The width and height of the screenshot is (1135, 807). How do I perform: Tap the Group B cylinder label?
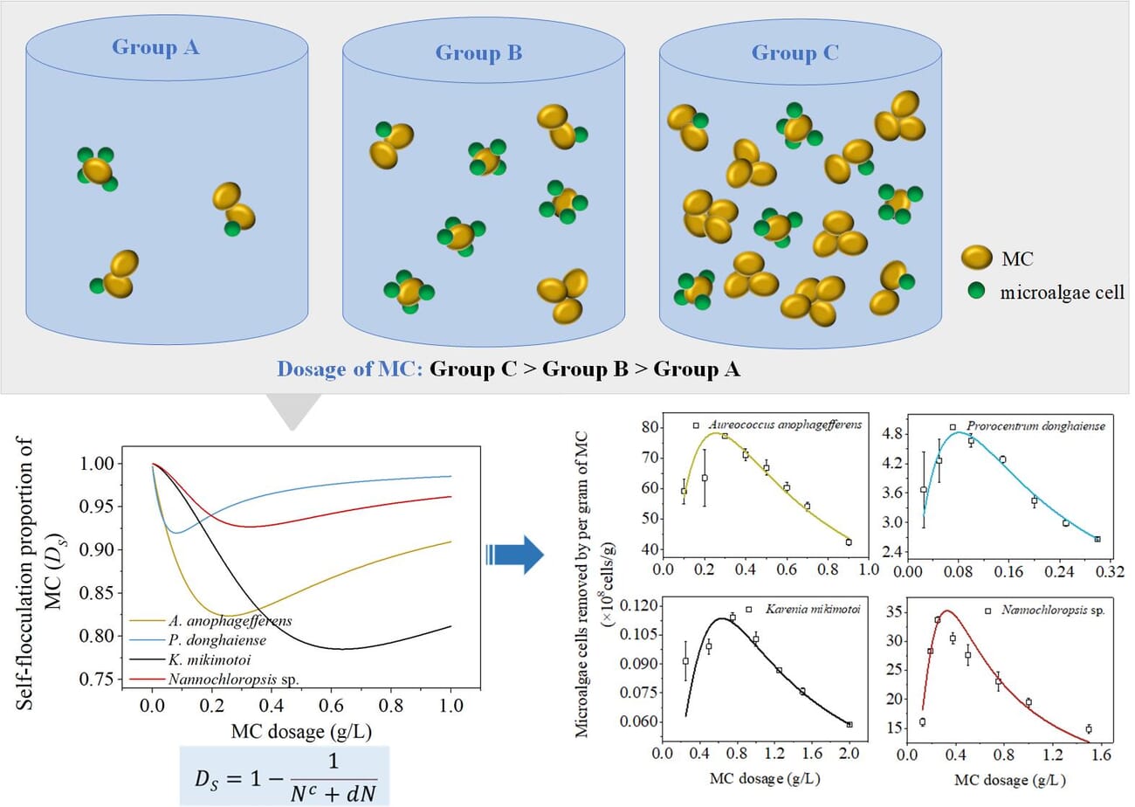[478, 52]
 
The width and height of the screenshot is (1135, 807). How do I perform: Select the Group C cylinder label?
[794, 52]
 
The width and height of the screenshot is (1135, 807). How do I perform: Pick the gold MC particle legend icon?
[976, 258]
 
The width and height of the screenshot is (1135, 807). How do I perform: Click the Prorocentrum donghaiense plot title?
[1036, 427]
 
